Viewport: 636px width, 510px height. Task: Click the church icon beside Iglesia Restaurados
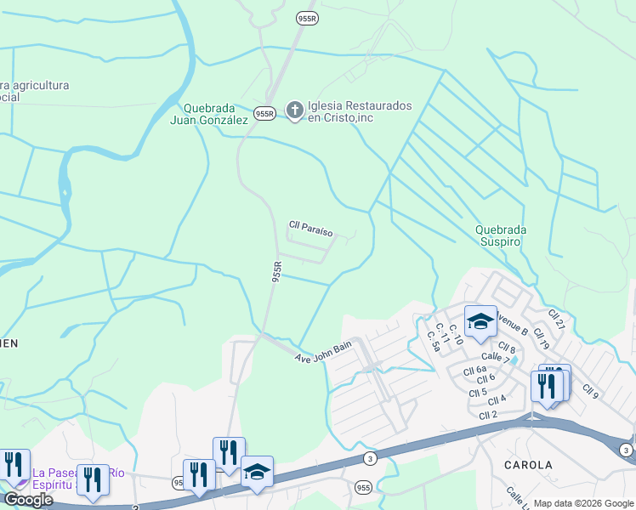pos(294,110)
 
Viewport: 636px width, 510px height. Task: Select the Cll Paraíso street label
pos(310,228)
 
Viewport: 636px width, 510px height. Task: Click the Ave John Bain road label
pos(323,353)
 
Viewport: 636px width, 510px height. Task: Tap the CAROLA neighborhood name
pos(528,465)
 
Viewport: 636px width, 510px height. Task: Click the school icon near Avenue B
pos(480,322)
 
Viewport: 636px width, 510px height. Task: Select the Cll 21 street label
pos(557,320)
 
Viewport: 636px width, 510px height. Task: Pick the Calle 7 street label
pos(495,359)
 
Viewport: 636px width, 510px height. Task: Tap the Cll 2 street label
pos(487,415)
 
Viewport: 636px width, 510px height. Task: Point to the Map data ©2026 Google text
pos(583,503)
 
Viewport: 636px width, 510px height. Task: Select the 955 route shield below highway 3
pos(363,487)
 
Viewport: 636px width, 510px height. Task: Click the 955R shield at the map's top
pos(307,17)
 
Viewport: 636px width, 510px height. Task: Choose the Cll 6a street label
pos(475,369)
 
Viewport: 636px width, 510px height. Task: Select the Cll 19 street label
pos(541,339)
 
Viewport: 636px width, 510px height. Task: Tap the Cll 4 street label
pos(497,399)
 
